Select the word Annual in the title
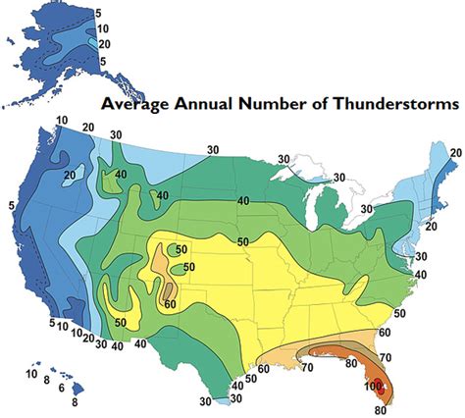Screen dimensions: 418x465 tap(208, 104)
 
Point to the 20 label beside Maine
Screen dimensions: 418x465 tap(455, 152)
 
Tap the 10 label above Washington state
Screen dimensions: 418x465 tap(61, 121)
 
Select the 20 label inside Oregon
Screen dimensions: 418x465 tap(41, 176)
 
